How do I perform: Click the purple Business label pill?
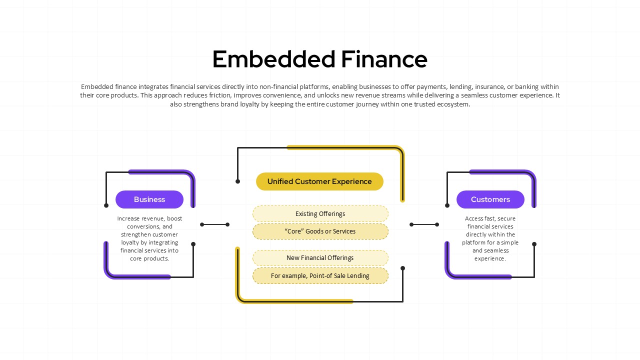pyautogui.click(x=149, y=199)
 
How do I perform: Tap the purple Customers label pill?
pyautogui.click(x=490, y=199)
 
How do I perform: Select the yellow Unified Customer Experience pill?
pyautogui.click(x=319, y=181)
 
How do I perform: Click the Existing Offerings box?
pyautogui.click(x=320, y=214)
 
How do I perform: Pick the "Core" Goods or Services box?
pyautogui.click(x=320, y=231)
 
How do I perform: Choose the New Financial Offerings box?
pyautogui.click(x=320, y=258)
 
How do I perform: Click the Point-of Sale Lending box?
pyautogui.click(x=320, y=275)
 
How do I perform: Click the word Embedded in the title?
pyautogui.click(x=273, y=59)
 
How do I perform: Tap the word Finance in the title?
pyautogui.click(x=384, y=59)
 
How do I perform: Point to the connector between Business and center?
pyautogui.click(x=214, y=224)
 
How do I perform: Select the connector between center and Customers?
pyautogui.click(x=424, y=224)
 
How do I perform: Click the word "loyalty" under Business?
pyautogui.click(x=130, y=242)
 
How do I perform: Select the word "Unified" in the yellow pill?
pyautogui.click(x=280, y=181)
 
